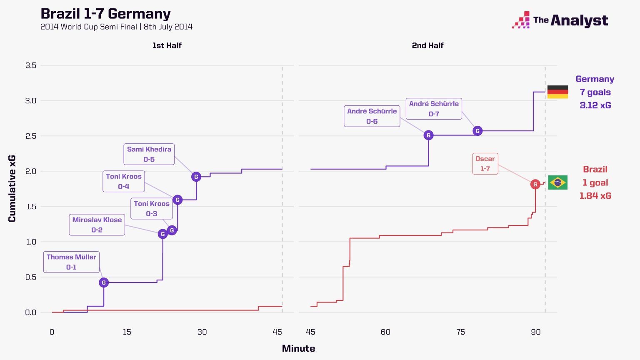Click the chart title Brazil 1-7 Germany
pos(105,14)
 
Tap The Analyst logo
pos(560,20)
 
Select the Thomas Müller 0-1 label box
pos(71,262)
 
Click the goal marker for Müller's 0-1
pos(104,282)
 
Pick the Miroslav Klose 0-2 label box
pos(97,225)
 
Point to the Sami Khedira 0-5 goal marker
pos(196,177)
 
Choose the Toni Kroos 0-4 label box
pos(124,181)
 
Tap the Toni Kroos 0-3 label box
pos(151,208)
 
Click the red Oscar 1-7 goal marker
pos(535,184)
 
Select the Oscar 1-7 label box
pos(485,163)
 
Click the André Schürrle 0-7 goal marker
pos(477,131)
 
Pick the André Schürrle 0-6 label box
pos(372,116)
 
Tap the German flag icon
pos(557,92)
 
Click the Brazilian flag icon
pos(557,182)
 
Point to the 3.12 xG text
pos(595,105)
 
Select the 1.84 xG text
pos(595,195)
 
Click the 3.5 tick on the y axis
pos(31,65)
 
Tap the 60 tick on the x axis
pos(385,332)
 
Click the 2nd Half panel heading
pos(427,45)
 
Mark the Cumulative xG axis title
pos(12,188)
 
